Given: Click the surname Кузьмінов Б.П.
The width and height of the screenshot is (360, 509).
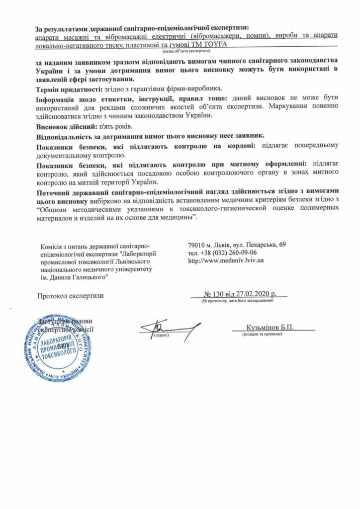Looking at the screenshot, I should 270,328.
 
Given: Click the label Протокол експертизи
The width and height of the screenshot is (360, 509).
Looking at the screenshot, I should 71,296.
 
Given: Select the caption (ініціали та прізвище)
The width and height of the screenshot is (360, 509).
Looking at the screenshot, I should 262,335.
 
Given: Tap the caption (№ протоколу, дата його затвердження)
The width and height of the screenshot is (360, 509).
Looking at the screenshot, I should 237,301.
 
